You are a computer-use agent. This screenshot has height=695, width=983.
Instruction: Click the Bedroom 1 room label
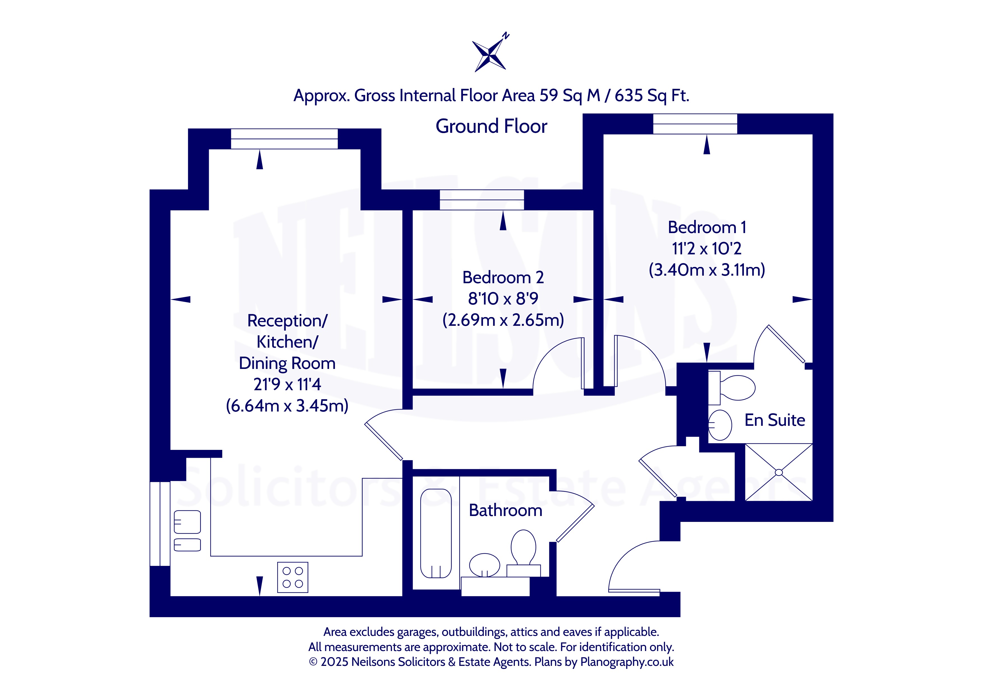(707, 227)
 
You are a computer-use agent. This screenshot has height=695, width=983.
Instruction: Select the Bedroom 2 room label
(503, 277)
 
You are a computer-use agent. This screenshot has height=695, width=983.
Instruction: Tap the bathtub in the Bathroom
(436, 534)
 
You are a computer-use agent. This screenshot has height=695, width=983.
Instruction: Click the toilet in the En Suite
(732, 388)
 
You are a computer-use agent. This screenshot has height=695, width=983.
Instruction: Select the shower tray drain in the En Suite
(779, 473)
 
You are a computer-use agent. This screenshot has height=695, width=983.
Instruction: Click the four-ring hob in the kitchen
(293, 577)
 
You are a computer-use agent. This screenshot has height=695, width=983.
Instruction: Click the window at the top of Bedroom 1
(695, 124)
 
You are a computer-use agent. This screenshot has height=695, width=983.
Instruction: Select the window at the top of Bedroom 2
(482, 200)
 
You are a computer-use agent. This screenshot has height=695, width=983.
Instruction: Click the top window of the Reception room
(284, 139)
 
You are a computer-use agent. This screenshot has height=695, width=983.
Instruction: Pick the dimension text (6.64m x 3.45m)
(287, 406)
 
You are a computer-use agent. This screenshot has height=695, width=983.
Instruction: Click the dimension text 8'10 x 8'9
(503, 299)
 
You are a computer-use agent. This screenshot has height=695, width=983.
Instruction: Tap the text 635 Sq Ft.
(652, 96)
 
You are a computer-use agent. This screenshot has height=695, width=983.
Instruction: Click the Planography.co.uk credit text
(627, 662)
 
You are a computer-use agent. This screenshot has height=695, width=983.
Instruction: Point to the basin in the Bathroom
(485, 565)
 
